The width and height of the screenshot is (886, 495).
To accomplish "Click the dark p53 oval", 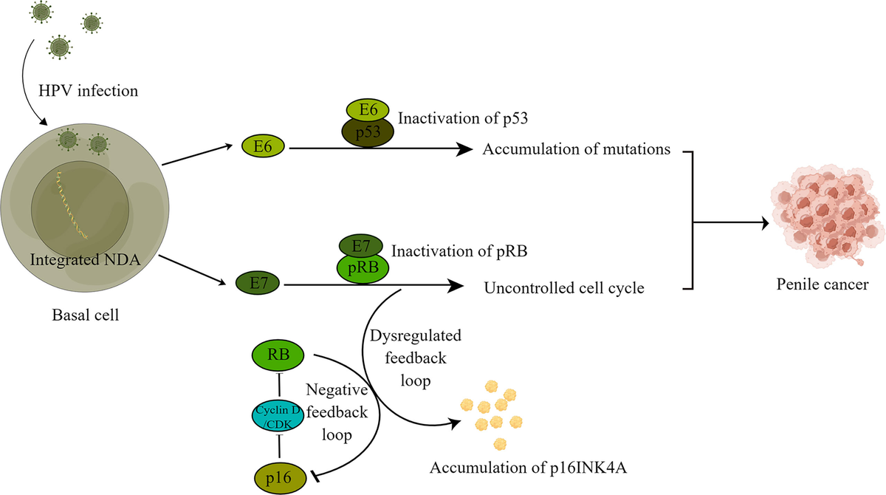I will (x=367, y=135).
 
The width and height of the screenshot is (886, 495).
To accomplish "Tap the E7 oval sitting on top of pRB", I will (x=360, y=245).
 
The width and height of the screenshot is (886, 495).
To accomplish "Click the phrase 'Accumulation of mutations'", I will (x=576, y=149).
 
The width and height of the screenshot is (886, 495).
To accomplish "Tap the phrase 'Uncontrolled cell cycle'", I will (x=564, y=287).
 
